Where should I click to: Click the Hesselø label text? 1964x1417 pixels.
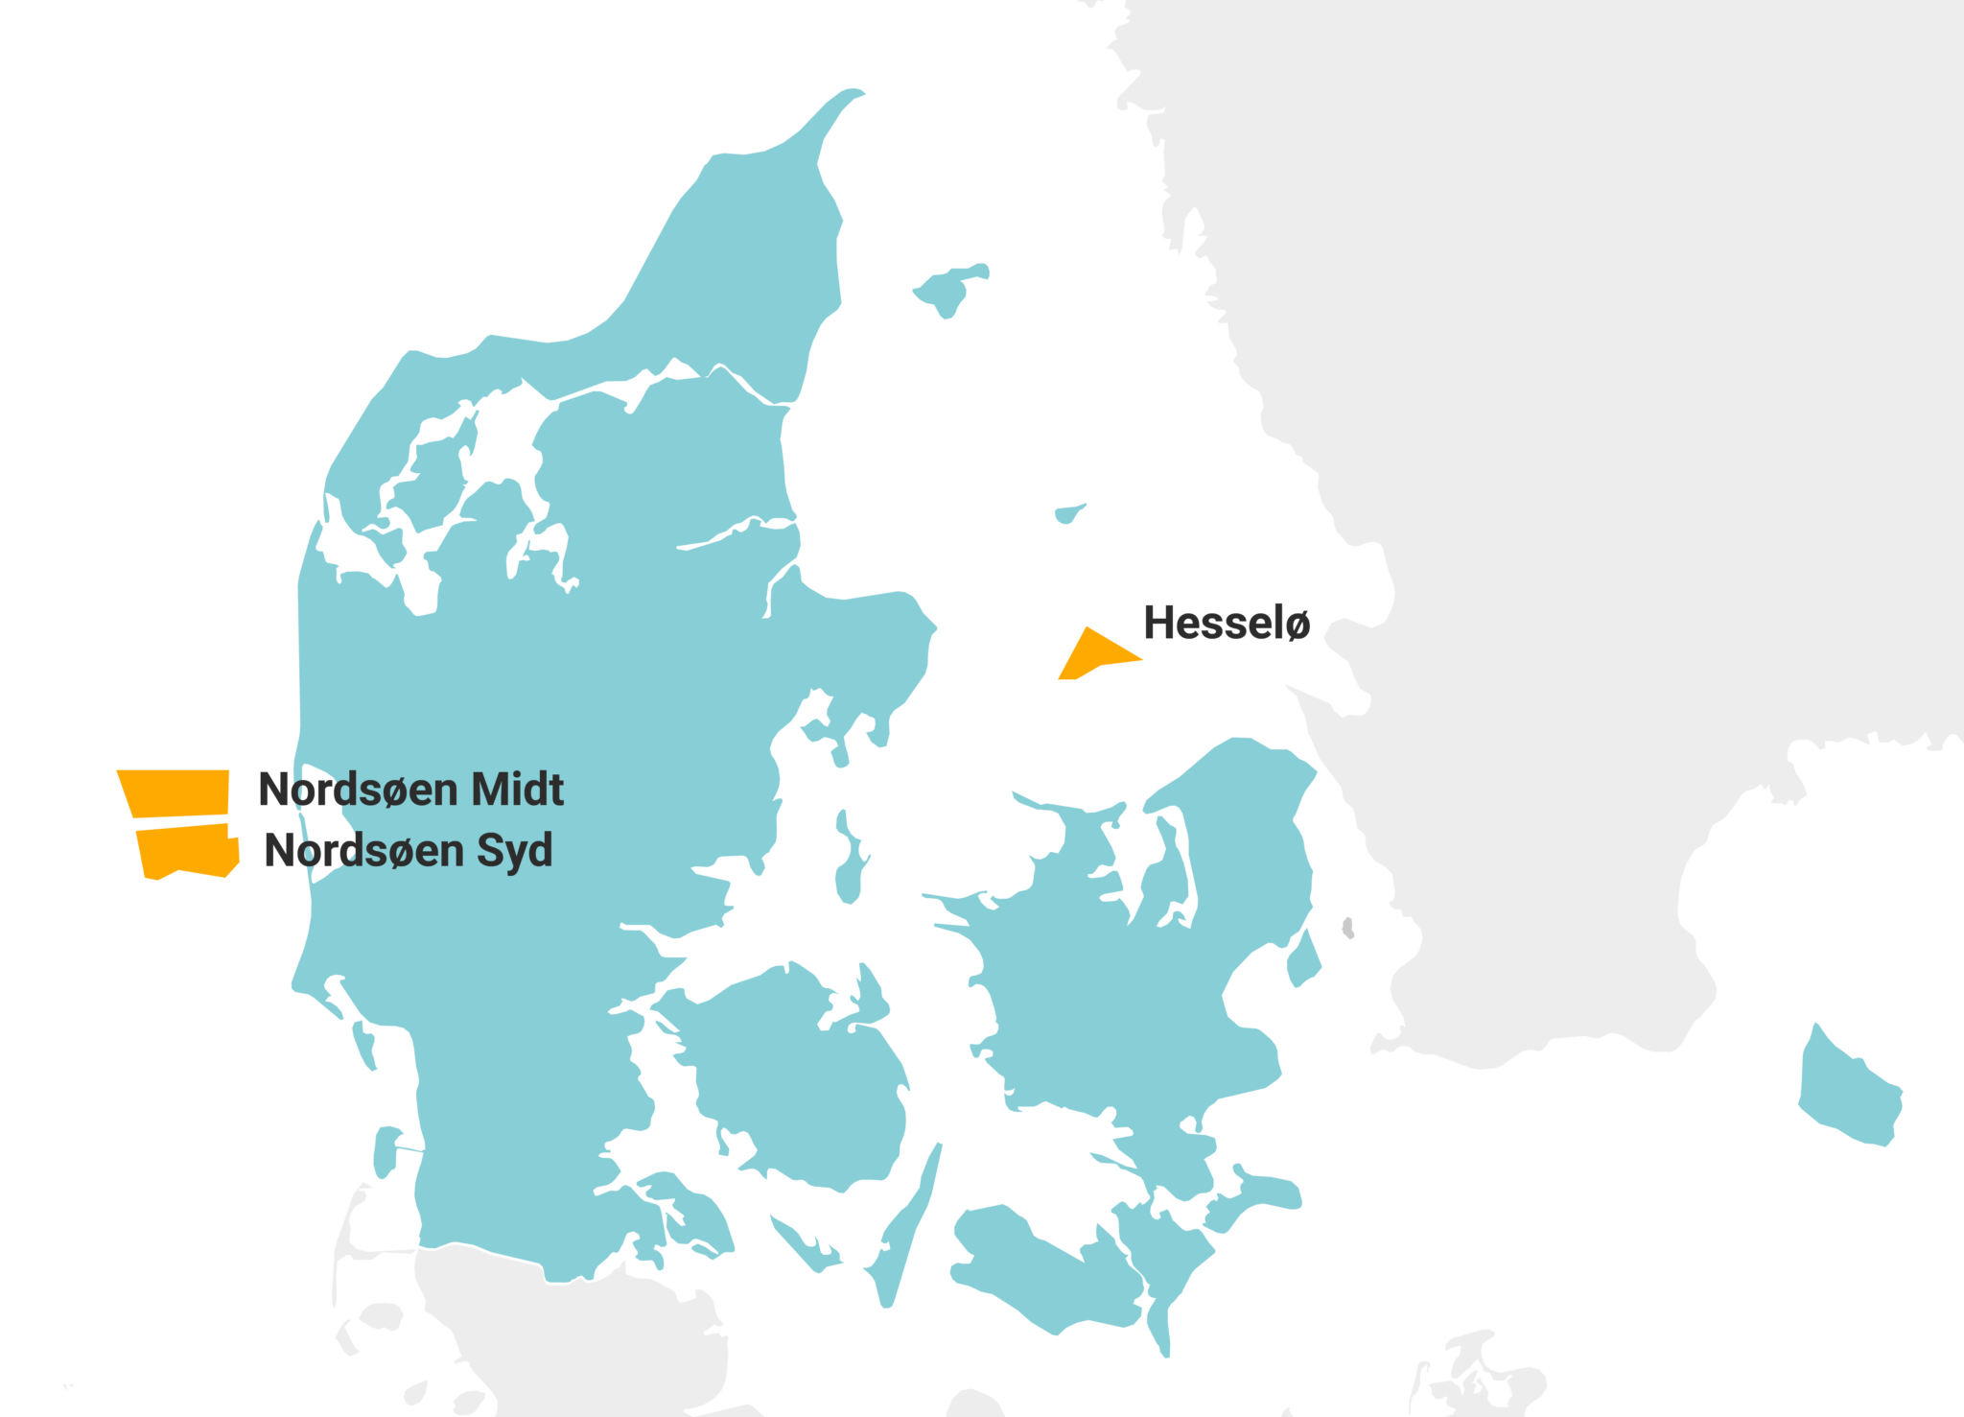coord(1227,624)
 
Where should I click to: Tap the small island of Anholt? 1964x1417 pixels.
coord(1067,514)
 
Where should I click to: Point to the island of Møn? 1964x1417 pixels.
coord(1256,1194)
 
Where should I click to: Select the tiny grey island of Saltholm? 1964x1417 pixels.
coord(1348,928)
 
